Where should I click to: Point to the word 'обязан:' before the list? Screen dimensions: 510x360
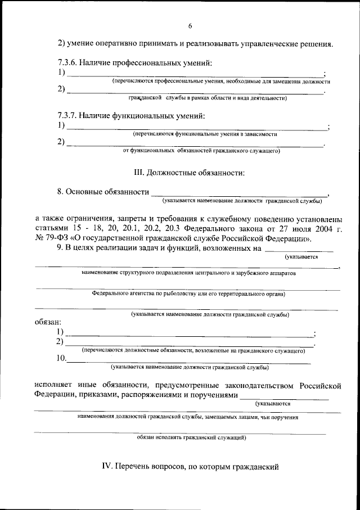coord(48,323)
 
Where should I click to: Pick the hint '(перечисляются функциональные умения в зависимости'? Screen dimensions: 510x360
coord(205,134)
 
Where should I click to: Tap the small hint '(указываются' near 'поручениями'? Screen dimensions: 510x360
coord(273,404)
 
